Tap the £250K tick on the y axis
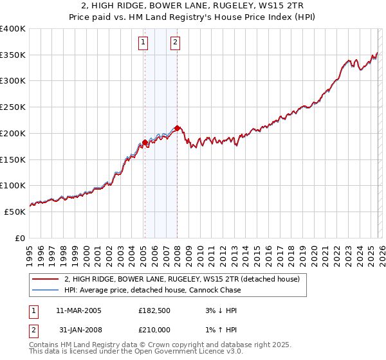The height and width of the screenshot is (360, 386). click(13, 107)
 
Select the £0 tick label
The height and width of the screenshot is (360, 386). click(19, 238)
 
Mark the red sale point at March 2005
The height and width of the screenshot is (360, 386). click(145, 142)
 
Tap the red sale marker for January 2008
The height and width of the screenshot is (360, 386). click(177, 128)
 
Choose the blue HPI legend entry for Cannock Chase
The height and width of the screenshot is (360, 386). click(152, 290)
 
